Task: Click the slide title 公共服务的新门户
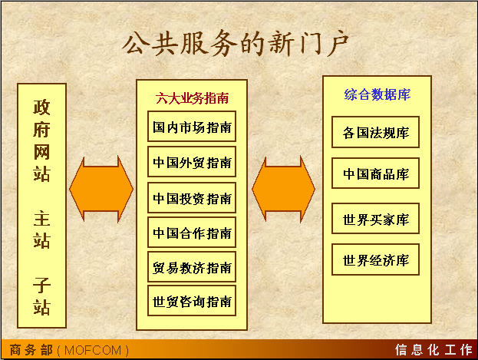pyautogui.click(x=236, y=43)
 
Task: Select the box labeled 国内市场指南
pyautogui.click(x=192, y=127)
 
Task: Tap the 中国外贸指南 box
pyautogui.click(x=192, y=162)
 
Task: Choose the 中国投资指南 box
pyautogui.click(x=192, y=198)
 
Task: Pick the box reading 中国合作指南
pyautogui.click(x=192, y=233)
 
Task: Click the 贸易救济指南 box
pyautogui.click(x=192, y=267)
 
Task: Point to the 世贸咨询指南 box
pyautogui.click(x=192, y=301)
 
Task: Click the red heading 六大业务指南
pyautogui.click(x=192, y=98)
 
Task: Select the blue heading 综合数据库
pyautogui.click(x=377, y=94)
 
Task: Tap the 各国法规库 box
pyautogui.click(x=376, y=132)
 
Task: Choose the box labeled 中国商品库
pyautogui.click(x=376, y=173)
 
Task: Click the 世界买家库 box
pyautogui.click(x=376, y=219)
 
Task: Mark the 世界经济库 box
pyautogui.click(x=376, y=259)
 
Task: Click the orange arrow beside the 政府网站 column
pyautogui.click(x=101, y=189)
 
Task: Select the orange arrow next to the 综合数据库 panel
pyautogui.click(x=284, y=189)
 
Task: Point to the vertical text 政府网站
pyautogui.click(x=41, y=140)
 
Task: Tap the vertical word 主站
pyautogui.click(x=41, y=230)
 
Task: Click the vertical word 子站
pyautogui.click(x=41, y=296)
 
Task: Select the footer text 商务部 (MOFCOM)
pyautogui.click(x=69, y=350)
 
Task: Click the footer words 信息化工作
pyautogui.click(x=433, y=350)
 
